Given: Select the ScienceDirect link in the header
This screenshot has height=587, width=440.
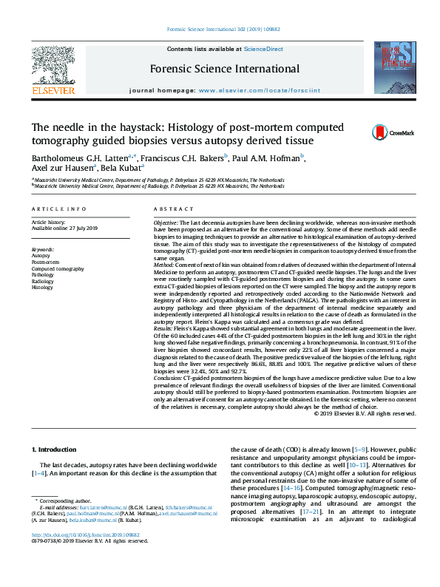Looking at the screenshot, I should (263, 49).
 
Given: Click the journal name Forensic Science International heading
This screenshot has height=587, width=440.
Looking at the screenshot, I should (225, 69).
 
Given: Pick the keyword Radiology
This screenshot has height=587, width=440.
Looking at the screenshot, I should (42, 281).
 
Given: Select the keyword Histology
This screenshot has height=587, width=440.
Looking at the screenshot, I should (42, 288).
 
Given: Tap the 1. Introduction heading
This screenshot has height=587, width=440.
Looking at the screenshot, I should (56, 449).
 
